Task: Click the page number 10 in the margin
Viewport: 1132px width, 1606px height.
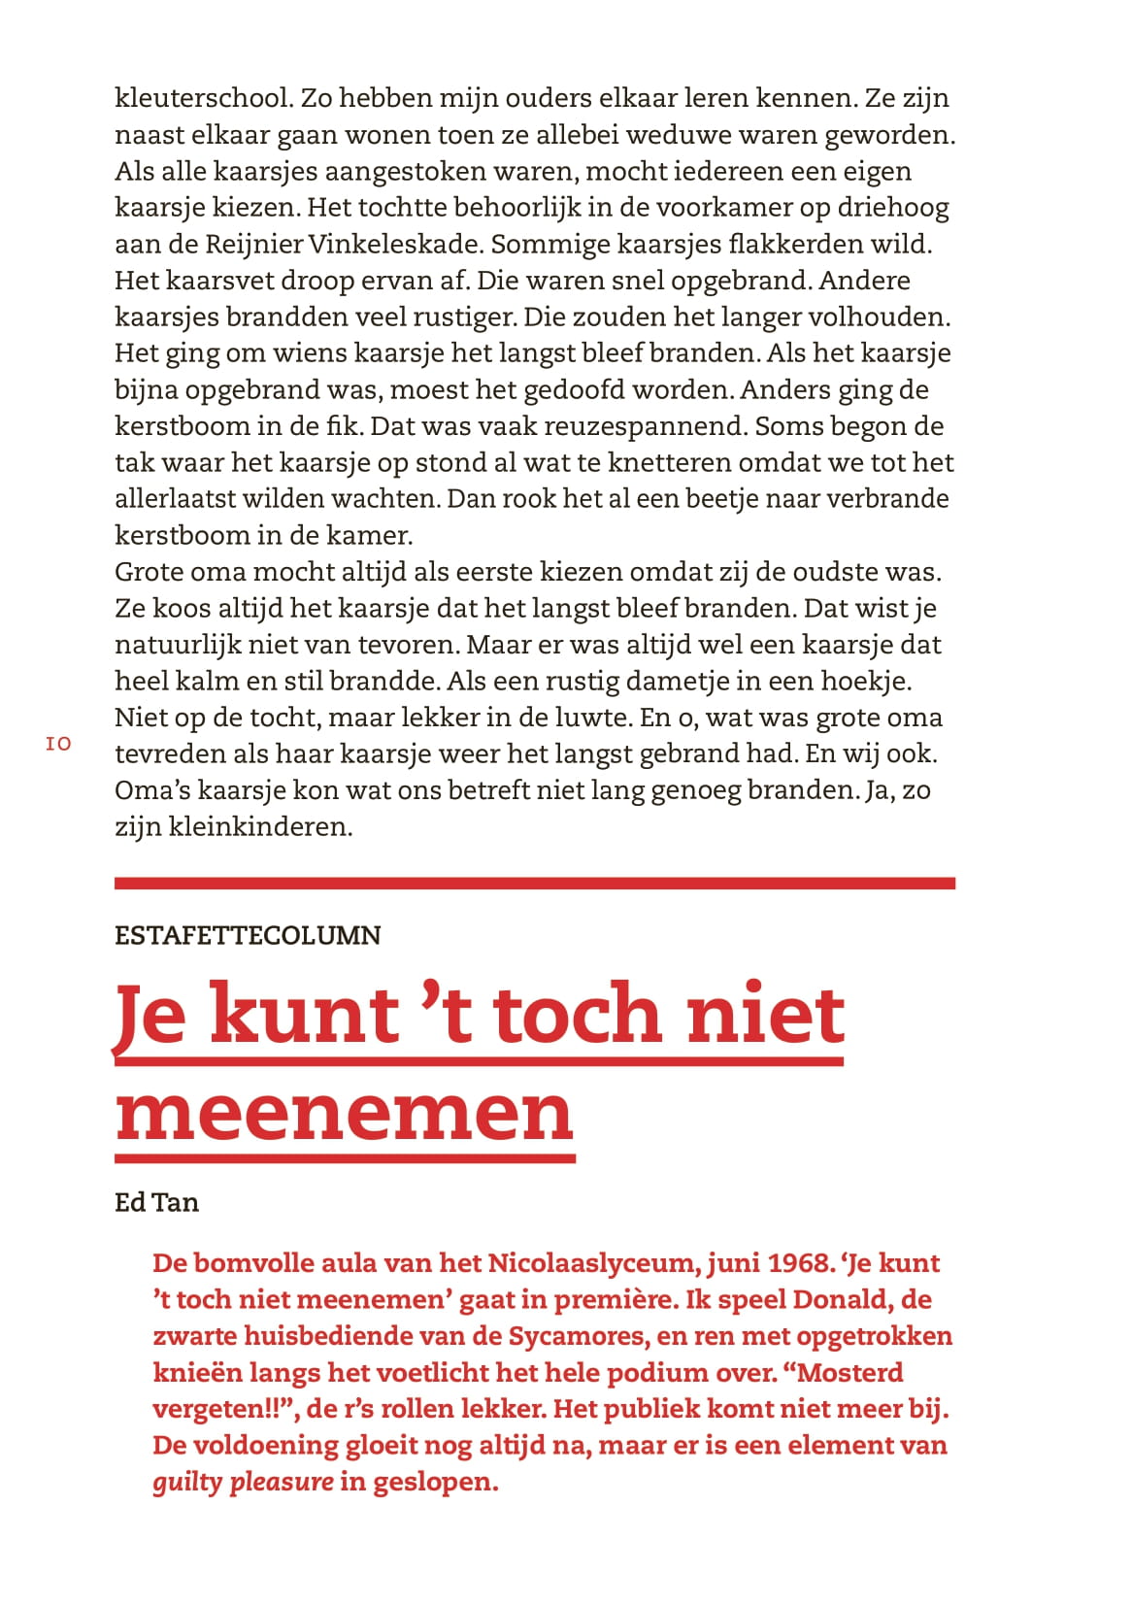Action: tap(58, 744)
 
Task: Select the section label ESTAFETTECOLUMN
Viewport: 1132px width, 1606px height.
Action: tap(248, 935)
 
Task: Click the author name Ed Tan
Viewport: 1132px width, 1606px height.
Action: tap(156, 1202)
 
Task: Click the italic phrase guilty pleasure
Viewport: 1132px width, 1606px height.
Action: tap(243, 1483)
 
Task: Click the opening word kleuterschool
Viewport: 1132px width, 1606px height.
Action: tap(203, 98)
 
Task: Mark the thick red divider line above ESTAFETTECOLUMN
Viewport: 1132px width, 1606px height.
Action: tap(534, 884)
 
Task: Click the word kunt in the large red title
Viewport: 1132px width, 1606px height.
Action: tap(304, 1015)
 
